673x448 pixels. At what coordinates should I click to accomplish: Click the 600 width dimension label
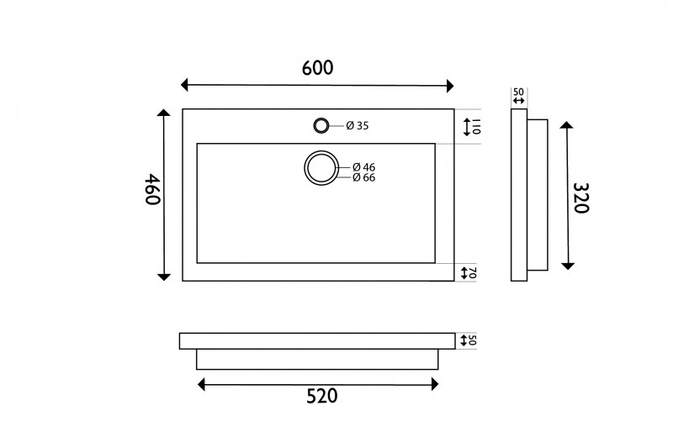click(318, 68)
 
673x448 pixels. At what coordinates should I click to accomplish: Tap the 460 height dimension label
click(152, 189)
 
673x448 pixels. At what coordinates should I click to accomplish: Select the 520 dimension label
click(322, 396)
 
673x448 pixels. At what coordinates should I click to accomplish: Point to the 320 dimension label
click(581, 198)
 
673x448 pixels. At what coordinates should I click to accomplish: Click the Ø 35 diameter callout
click(357, 125)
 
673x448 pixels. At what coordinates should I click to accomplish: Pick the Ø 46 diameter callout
click(363, 166)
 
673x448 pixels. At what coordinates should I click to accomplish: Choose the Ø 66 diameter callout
click(363, 177)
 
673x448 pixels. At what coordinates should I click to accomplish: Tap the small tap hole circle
click(321, 125)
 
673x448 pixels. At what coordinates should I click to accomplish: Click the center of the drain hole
click(321, 168)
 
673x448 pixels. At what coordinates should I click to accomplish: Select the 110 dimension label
click(476, 127)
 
